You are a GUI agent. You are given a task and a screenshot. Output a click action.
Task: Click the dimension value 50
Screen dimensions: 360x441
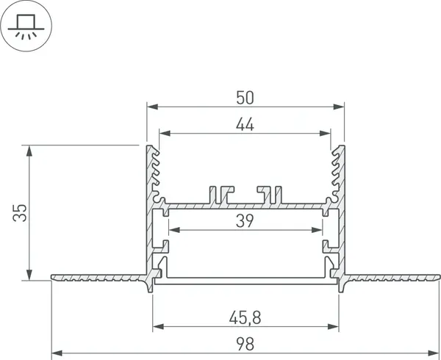pos(245,96)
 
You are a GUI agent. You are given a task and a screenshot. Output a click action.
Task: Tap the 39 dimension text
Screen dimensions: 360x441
pos(245,221)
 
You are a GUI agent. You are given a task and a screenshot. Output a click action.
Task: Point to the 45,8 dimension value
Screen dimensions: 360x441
pos(245,317)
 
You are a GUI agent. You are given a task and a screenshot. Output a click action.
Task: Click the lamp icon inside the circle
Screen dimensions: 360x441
pos(26,24)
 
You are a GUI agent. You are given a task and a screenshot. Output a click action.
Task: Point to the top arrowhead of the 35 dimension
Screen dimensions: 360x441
pos(29,150)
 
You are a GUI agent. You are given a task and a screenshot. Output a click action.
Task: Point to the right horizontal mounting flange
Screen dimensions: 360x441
pos(393,278)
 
